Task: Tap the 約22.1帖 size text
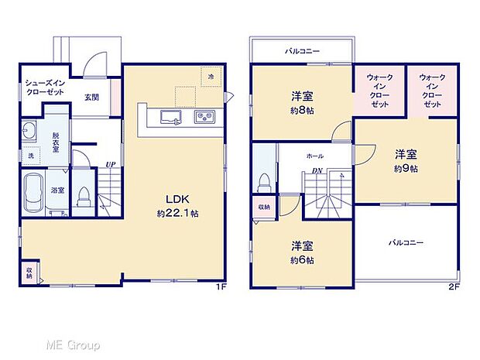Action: tap(177, 213)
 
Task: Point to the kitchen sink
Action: tap(170, 117)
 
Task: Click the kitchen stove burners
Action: tap(204, 117)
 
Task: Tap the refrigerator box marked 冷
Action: tap(211, 77)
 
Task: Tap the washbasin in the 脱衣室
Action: tap(31, 129)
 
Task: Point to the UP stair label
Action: tap(111, 164)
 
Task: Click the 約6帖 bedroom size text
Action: tap(302, 260)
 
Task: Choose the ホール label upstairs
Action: tap(315, 156)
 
